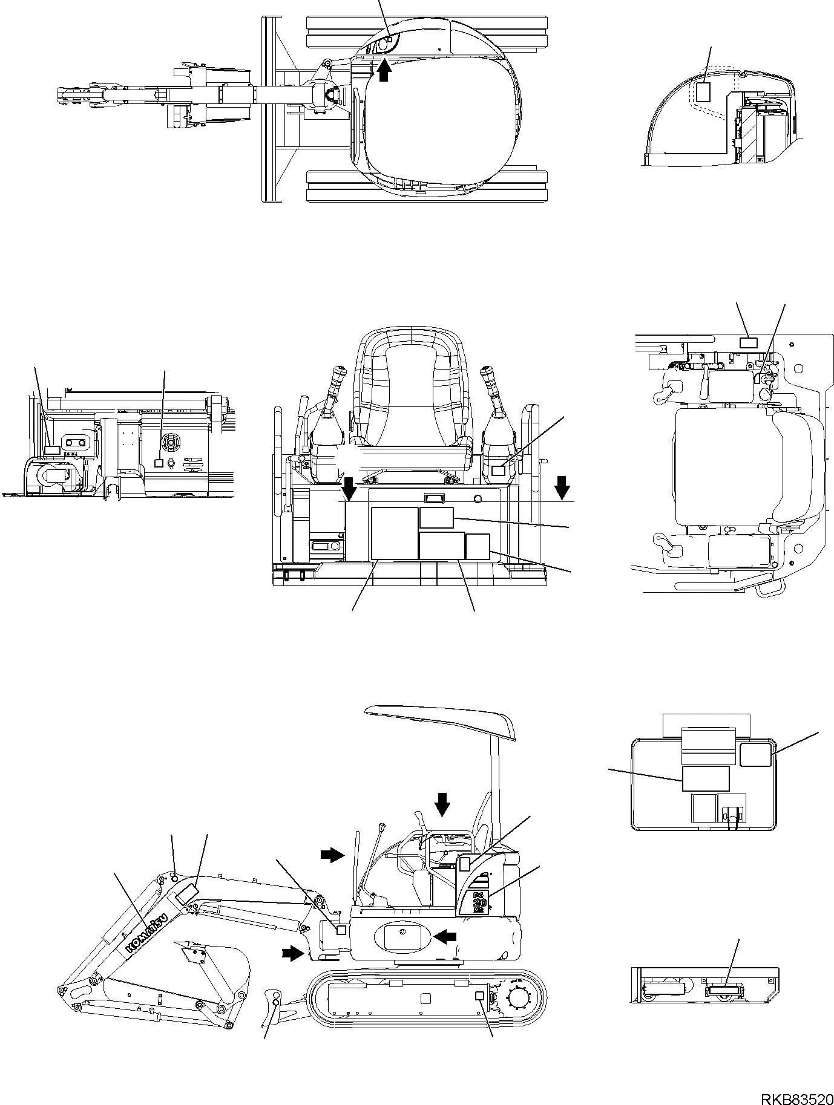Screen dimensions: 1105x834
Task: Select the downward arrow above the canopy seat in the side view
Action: click(442, 804)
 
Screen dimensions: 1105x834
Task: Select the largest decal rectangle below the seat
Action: click(394, 533)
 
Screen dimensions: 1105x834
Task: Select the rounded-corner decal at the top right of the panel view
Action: click(755, 754)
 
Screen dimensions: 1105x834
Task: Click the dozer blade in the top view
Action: click(269, 109)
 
